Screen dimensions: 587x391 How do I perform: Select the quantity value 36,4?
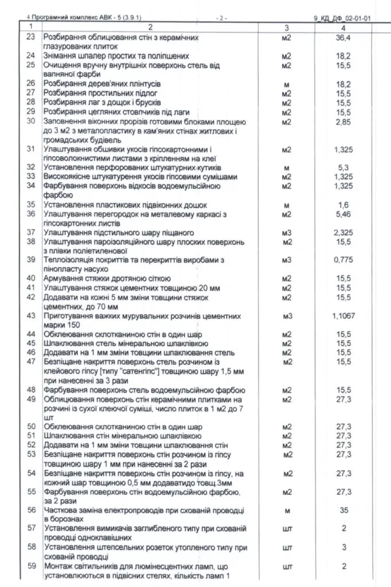pos(343,37)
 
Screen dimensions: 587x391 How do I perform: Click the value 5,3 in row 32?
pos(343,167)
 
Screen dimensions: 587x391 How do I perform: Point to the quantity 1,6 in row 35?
pos(343,205)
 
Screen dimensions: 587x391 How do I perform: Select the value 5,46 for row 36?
pos(343,214)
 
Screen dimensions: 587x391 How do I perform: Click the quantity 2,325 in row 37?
pos(343,233)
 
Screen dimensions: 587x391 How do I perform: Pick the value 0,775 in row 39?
pos(343,260)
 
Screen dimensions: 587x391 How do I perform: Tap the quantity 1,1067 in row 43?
pos(343,316)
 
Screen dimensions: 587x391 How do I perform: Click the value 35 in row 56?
pos(343,510)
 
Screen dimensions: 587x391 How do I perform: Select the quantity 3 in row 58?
pos(343,547)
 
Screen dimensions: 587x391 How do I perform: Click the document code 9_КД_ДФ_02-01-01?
pos(342,18)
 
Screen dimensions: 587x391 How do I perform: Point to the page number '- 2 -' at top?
pos(221,18)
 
